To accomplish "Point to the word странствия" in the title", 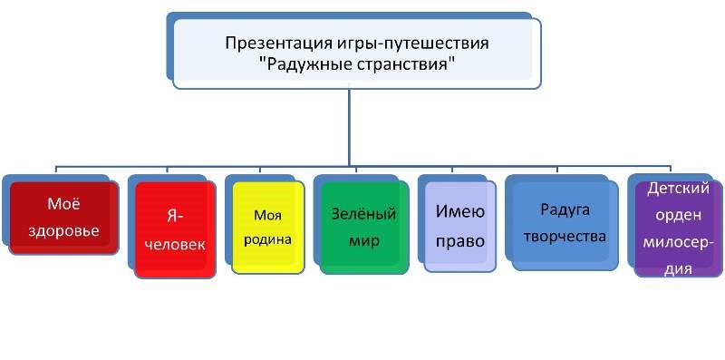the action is (402, 63).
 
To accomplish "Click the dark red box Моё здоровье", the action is (63, 218).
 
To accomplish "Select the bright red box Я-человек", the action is (175, 229).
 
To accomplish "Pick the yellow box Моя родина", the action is (267, 228).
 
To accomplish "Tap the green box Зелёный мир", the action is (364, 228).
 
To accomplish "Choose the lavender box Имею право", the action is (460, 227).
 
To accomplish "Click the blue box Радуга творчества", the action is (565, 225).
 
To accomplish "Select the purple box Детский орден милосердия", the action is (678, 229).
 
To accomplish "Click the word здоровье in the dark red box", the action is (63, 230).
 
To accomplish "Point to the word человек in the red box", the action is (175, 244).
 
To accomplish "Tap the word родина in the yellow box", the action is (267, 240).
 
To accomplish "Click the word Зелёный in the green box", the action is (364, 214).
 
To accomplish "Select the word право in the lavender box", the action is (460, 241).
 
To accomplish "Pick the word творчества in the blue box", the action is (565, 237).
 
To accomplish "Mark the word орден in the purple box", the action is (678, 216).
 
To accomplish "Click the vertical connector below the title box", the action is (350, 127).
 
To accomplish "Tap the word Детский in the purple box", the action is (678, 189).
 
